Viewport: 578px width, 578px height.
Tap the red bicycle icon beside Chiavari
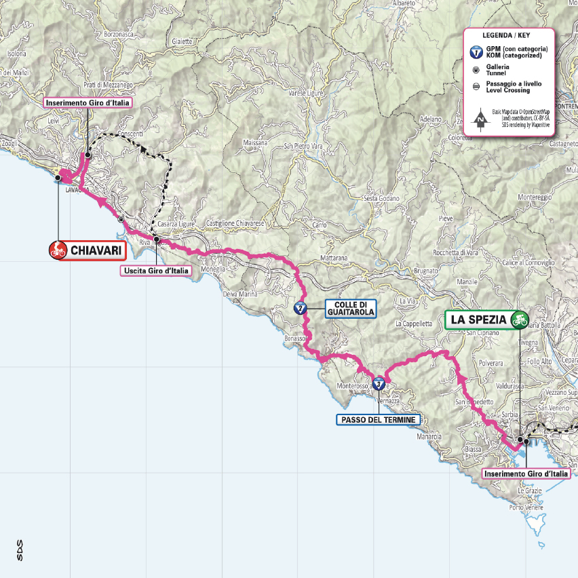coord(58,251)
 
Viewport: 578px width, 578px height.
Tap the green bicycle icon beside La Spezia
coord(520,318)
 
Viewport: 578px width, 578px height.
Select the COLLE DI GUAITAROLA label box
coord(349,309)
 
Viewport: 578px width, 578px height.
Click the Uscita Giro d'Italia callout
coord(156,271)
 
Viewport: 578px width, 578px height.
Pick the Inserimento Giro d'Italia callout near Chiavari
coord(87,103)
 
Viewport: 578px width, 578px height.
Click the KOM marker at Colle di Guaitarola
coord(299,309)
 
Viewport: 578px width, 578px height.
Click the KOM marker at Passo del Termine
coord(378,385)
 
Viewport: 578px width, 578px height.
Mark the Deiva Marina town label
coord(241,294)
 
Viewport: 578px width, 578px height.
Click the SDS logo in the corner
coord(20,547)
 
